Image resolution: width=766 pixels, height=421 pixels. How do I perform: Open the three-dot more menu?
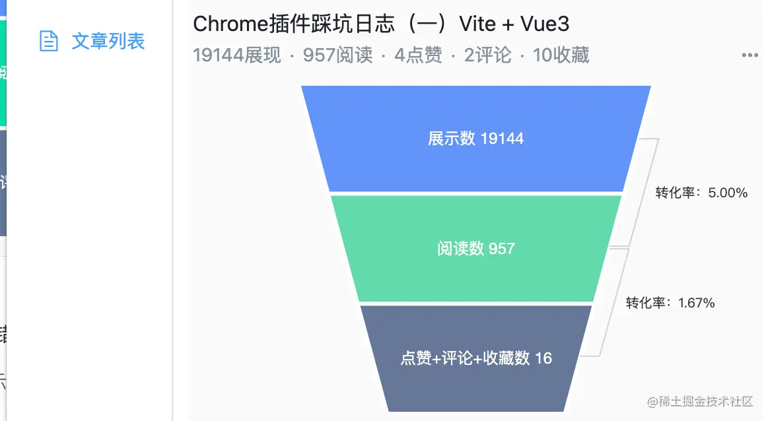click(x=749, y=55)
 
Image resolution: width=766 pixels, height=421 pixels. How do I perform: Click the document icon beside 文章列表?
click(x=49, y=41)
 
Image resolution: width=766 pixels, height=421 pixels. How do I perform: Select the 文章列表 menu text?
click(x=108, y=41)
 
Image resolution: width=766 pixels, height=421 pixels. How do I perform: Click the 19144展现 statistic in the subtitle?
click(x=237, y=55)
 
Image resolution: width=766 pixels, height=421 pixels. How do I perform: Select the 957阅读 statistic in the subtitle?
click(x=337, y=55)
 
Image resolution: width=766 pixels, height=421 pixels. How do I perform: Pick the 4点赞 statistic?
click(x=418, y=55)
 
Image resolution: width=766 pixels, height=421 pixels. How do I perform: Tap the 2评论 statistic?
click(x=487, y=55)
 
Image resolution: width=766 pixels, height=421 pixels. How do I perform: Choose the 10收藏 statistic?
click(x=561, y=55)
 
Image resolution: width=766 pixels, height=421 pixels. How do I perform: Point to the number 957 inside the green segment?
click(x=501, y=249)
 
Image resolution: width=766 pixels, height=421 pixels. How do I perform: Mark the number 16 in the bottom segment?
click(x=543, y=358)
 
